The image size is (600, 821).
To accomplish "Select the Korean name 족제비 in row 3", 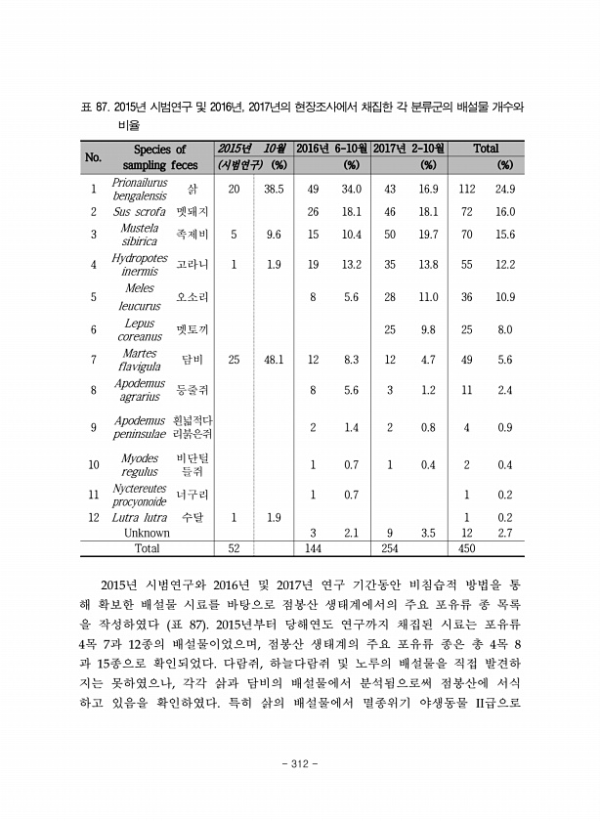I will coord(192,235).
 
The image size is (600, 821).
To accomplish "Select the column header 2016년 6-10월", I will coord(331,149).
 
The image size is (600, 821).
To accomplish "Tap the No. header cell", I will coord(94,156).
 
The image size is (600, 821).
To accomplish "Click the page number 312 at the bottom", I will coord(300,763).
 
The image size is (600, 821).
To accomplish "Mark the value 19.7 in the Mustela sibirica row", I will coord(428,235).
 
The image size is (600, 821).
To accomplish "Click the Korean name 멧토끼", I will coord(192,329).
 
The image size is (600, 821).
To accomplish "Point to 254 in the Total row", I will coord(390,549).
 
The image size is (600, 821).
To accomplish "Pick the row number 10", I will coord(94,465).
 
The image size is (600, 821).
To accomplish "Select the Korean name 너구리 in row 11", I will coord(192,495).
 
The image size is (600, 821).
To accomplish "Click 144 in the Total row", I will coord(313,549).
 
